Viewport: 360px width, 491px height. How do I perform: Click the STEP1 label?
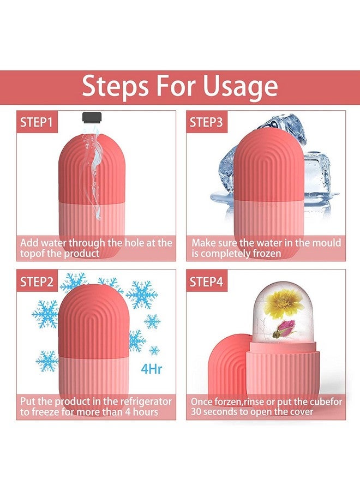click(x=37, y=122)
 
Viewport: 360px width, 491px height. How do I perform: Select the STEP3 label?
click(x=206, y=122)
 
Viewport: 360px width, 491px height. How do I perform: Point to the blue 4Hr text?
click(x=151, y=369)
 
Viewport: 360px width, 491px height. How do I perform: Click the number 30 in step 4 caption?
click(x=196, y=412)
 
